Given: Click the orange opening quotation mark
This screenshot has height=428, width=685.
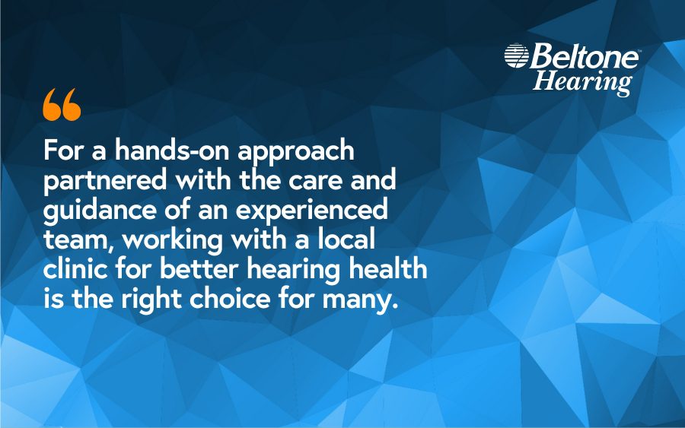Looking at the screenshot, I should pos(62,105).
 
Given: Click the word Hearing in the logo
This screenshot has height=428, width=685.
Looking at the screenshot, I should pos(582,81).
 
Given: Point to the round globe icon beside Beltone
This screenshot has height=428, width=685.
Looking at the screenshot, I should pos(516,55).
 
